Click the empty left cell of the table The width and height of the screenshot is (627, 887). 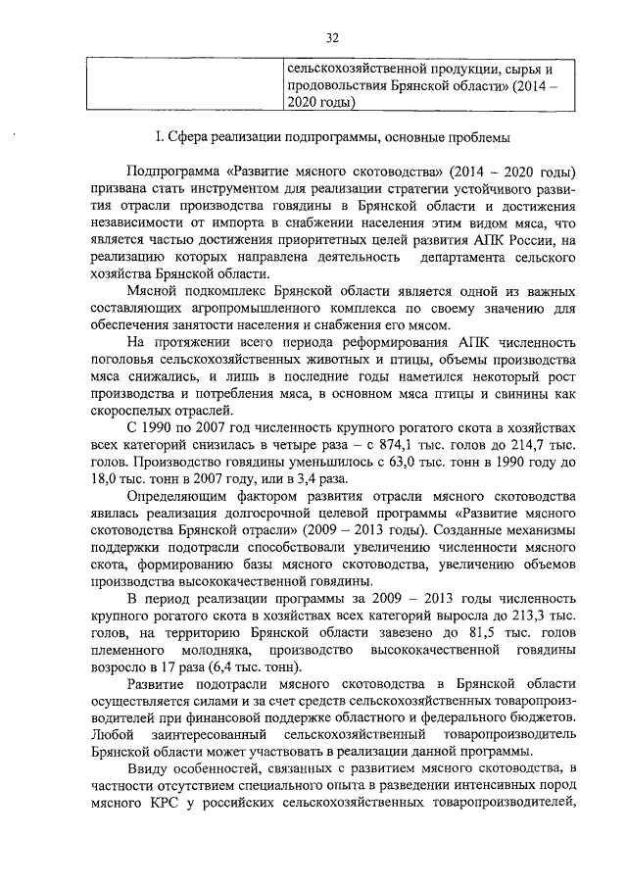pyautogui.click(x=182, y=85)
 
